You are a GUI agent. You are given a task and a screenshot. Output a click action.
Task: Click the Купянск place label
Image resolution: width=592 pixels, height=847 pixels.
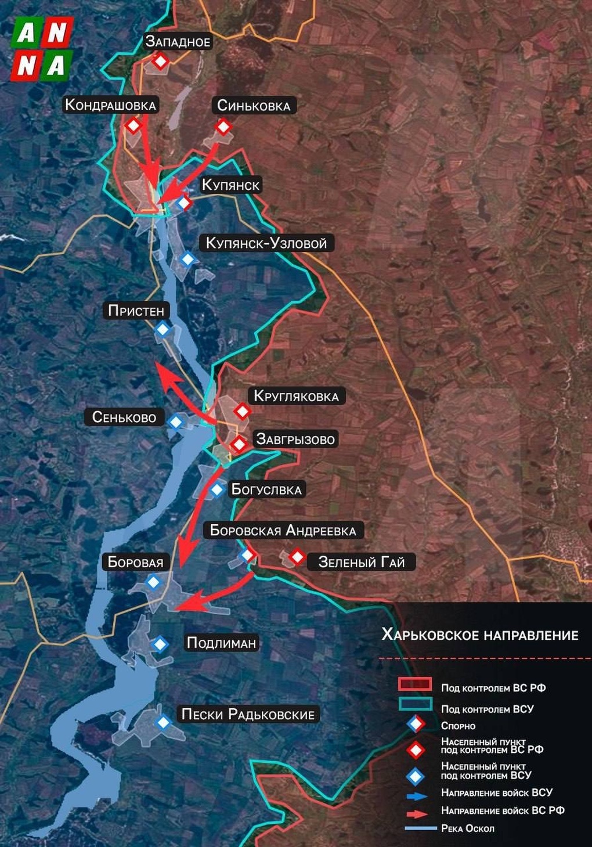[231, 185]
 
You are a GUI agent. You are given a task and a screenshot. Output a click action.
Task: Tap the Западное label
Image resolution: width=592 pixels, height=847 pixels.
[178, 42]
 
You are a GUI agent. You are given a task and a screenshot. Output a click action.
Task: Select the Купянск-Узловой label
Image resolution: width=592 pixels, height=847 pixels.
[266, 243]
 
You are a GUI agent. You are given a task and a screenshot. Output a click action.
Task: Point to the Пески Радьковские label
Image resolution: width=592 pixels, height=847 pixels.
[248, 714]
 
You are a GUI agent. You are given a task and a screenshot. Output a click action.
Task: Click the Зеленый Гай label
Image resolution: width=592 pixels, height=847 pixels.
[361, 562]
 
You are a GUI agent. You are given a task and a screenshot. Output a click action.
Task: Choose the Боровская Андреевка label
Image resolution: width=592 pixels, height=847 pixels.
[283, 530]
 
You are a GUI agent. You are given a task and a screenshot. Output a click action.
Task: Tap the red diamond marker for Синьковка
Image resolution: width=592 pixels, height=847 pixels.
[223, 127]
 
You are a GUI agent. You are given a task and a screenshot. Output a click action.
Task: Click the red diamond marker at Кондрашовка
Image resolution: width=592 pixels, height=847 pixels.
[134, 125]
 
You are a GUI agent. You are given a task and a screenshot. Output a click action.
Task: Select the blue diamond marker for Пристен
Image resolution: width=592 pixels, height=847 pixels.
[163, 330]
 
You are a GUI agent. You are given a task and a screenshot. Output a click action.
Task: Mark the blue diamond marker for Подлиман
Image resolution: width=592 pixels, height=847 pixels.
[160, 643]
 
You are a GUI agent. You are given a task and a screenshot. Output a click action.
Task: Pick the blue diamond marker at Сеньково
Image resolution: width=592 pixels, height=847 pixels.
[175, 421]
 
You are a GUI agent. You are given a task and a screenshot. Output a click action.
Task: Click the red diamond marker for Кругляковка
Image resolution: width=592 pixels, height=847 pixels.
[242, 412]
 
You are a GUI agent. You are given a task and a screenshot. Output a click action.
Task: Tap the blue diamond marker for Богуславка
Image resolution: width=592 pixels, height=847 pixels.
[216, 489]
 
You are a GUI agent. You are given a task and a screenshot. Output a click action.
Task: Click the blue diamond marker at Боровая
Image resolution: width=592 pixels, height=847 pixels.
[153, 581]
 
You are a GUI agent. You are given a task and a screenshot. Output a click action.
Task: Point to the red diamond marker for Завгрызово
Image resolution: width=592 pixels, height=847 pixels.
[239, 445]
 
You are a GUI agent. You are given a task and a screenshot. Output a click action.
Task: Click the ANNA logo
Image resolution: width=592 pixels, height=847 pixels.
[42, 48]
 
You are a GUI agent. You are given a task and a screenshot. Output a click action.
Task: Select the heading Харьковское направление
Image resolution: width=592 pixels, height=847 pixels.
[479, 635]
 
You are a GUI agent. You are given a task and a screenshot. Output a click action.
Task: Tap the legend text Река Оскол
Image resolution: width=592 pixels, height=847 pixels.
[467, 828]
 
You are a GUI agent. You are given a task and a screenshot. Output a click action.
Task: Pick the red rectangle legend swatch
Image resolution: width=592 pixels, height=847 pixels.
[414, 684]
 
